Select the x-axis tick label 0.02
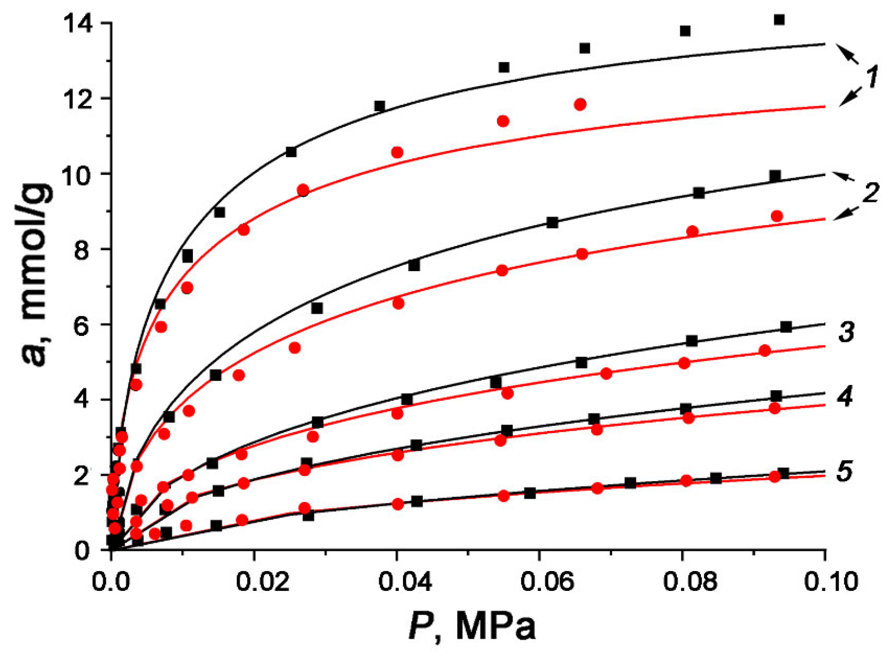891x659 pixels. click(x=262, y=581)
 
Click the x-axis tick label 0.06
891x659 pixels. click(x=547, y=581)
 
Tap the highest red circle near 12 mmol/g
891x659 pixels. click(x=580, y=105)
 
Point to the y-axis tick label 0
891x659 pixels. click(x=82, y=551)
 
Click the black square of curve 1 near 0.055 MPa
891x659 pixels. click(x=504, y=67)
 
